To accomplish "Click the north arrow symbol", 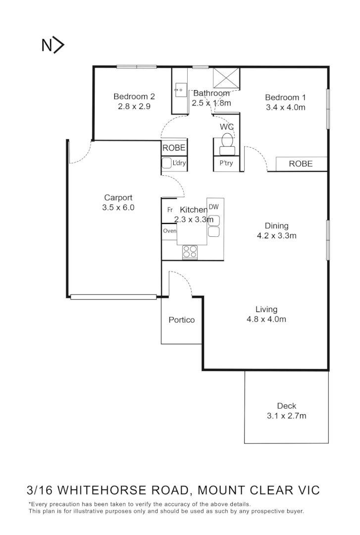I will tap(53, 46).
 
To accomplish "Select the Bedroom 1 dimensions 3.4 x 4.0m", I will tap(285, 107).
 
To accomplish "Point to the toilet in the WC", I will tap(227, 143).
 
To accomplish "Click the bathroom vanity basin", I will tap(179, 91).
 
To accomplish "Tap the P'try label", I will tap(226, 163).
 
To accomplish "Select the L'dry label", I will tap(178, 163).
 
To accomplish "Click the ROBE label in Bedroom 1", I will tap(301, 163).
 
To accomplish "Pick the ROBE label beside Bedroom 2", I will tap(174, 148).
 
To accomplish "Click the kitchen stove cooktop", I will tap(190, 252).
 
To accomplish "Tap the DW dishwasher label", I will tap(213, 207).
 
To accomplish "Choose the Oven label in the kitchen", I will tap(169, 231).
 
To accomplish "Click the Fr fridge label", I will tap(169, 210).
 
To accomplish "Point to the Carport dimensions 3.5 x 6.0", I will tap(118, 208).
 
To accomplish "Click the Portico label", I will tap(182, 320).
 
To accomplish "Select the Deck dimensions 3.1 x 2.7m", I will tap(286, 416).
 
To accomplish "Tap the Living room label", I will tap(266, 309).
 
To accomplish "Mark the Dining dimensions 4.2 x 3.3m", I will tap(276, 236).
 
